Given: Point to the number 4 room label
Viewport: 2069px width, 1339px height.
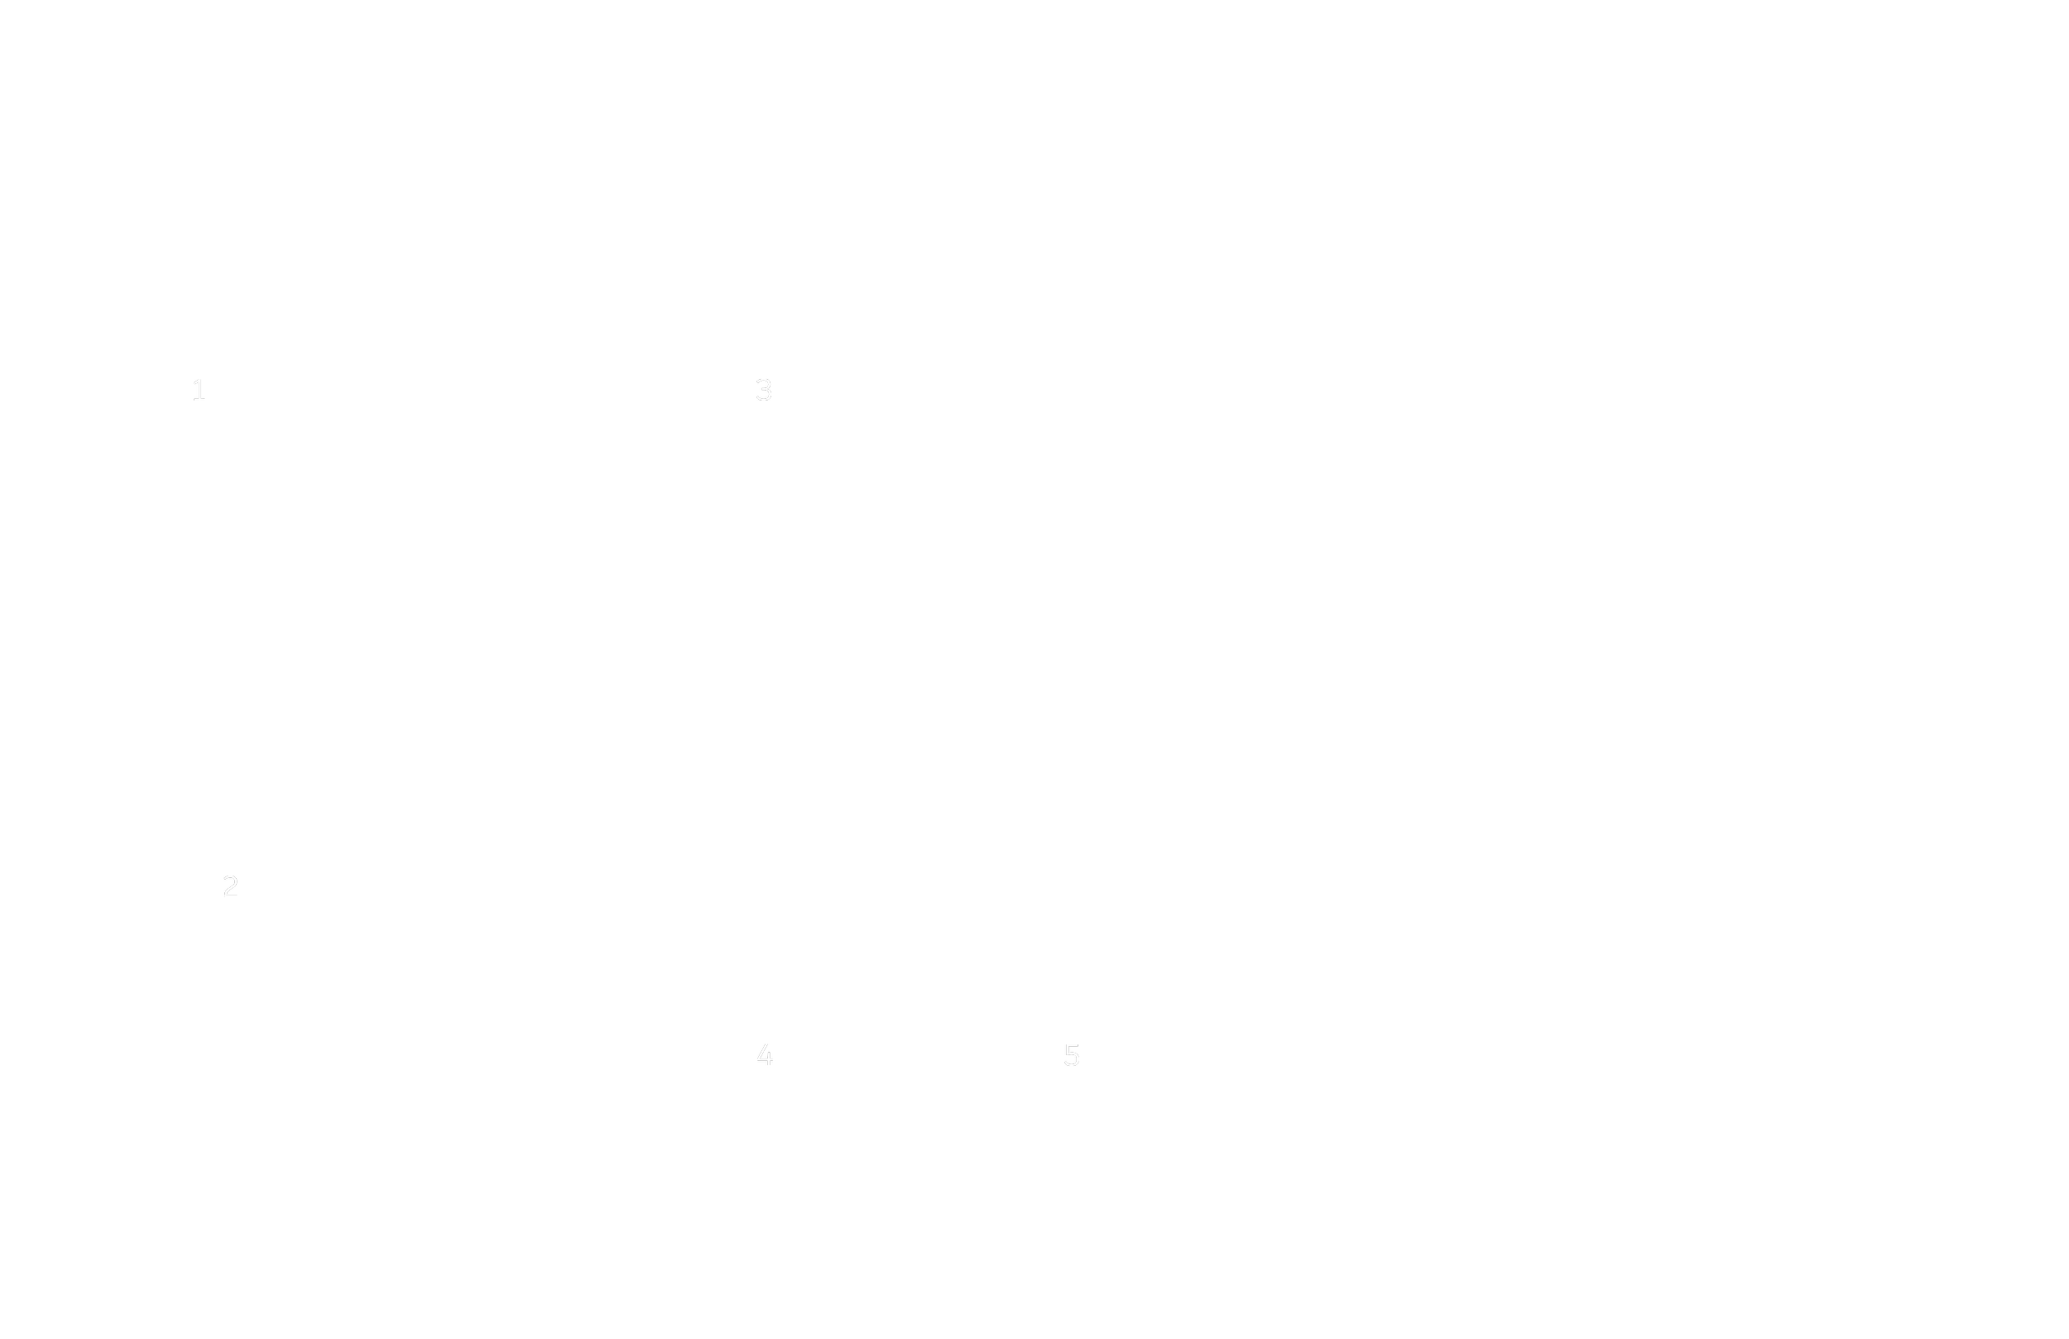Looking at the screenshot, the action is coord(764,1055).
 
